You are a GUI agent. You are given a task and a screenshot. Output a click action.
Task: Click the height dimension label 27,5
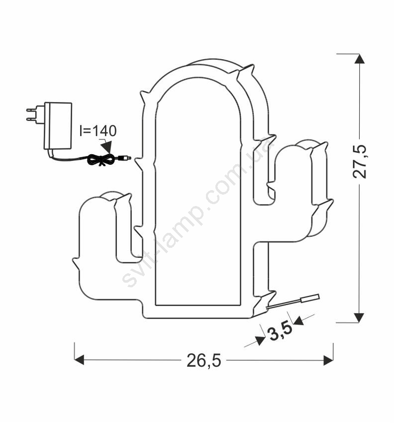(x=360, y=162)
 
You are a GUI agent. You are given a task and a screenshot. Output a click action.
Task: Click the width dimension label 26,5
(x=204, y=360)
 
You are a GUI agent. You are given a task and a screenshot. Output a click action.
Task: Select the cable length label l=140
(x=98, y=131)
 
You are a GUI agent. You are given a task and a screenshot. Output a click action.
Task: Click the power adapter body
(x=58, y=126)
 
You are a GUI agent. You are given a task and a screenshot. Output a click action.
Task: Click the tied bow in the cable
(x=101, y=159)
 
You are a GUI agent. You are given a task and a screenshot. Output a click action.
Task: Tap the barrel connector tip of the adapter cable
(x=125, y=157)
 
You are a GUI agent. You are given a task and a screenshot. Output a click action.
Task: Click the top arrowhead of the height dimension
(x=359, y=59)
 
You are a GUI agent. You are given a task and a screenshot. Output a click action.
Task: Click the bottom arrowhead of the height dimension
(x=359, y=318)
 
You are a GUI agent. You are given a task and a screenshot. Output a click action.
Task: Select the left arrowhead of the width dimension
(x=79, y=360)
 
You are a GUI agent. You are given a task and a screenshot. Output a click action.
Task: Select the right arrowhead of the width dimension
(x=328, y=360)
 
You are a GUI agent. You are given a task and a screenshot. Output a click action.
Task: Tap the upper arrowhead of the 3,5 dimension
(x=298, y=320)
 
